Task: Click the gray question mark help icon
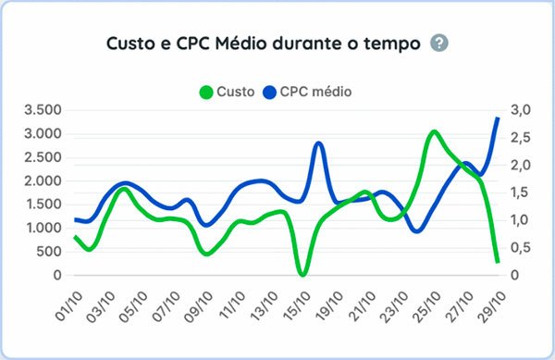(x=439, y=43)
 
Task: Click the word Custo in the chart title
(x=131, y=43)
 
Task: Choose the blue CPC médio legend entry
(x=306, y=92)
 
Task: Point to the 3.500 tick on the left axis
(x=42, y=110)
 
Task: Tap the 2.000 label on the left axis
(x=42, y=180)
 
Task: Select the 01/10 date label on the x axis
(x=68, y=304)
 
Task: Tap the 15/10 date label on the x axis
(x=297, y=304)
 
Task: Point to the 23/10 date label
(x=396, y=304)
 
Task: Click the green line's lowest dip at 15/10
(x=302, y=274)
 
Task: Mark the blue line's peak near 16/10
(x=318, y=143)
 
